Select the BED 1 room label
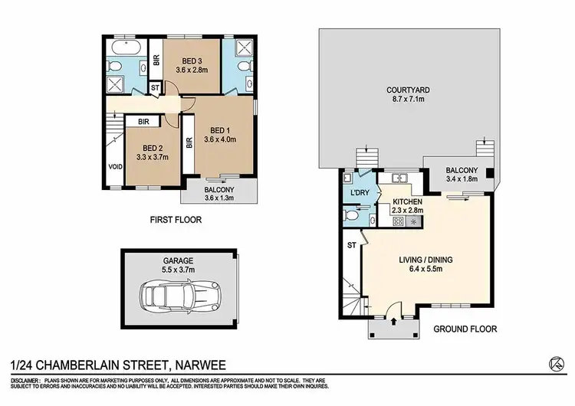221,129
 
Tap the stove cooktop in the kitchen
397,221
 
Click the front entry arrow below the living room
393,321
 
